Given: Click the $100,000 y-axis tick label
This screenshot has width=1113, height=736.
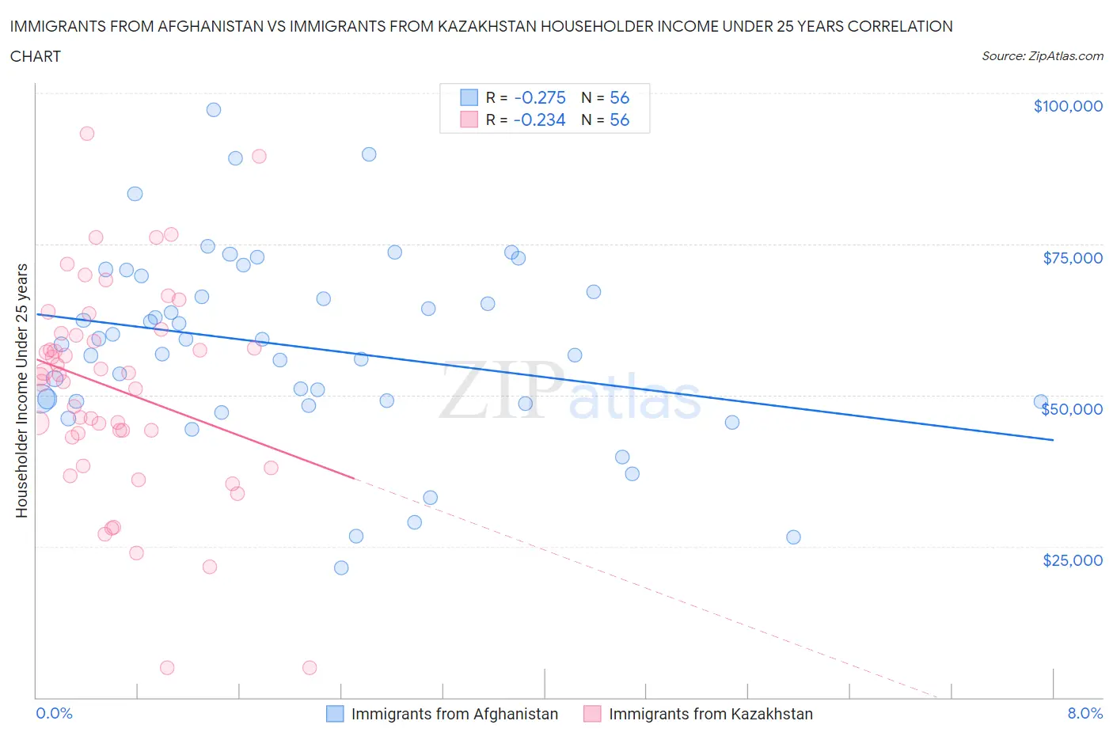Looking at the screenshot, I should tap(1067, 106).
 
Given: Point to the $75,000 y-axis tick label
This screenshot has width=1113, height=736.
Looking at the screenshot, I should tap(1072, 258).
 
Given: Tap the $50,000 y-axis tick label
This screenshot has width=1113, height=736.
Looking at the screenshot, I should tap(1072, 409).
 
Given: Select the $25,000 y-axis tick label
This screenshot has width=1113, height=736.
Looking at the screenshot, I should tap(1072, 560).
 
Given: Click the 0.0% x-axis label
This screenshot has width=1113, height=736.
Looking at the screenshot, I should tap(54, 713).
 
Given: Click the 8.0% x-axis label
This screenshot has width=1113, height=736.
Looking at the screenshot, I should tap(1085, 713).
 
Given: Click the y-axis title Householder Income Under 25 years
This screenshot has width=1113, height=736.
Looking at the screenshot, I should tap(22, 390).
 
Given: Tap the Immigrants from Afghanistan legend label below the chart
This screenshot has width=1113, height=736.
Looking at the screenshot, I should tap(454, 714).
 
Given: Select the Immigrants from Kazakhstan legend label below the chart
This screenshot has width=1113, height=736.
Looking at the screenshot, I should tap(710, 714).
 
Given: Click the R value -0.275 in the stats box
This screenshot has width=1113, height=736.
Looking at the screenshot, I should tap(540, 97).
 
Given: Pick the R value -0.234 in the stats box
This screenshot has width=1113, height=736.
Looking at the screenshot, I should tap(539, 120).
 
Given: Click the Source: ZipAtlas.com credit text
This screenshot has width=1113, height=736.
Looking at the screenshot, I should tap(1042, 55).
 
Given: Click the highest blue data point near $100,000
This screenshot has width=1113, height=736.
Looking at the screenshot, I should tap(213, 110).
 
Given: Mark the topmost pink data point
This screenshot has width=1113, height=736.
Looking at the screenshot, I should tap(87, 134).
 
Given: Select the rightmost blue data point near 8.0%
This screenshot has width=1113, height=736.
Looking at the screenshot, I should tap(1041, 402).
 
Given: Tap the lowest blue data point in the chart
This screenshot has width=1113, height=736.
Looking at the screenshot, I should tap(341, 567).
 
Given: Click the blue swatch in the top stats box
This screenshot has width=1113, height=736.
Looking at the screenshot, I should tap(469, 97).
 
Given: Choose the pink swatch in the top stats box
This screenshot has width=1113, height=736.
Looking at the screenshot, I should tap(469, 120).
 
